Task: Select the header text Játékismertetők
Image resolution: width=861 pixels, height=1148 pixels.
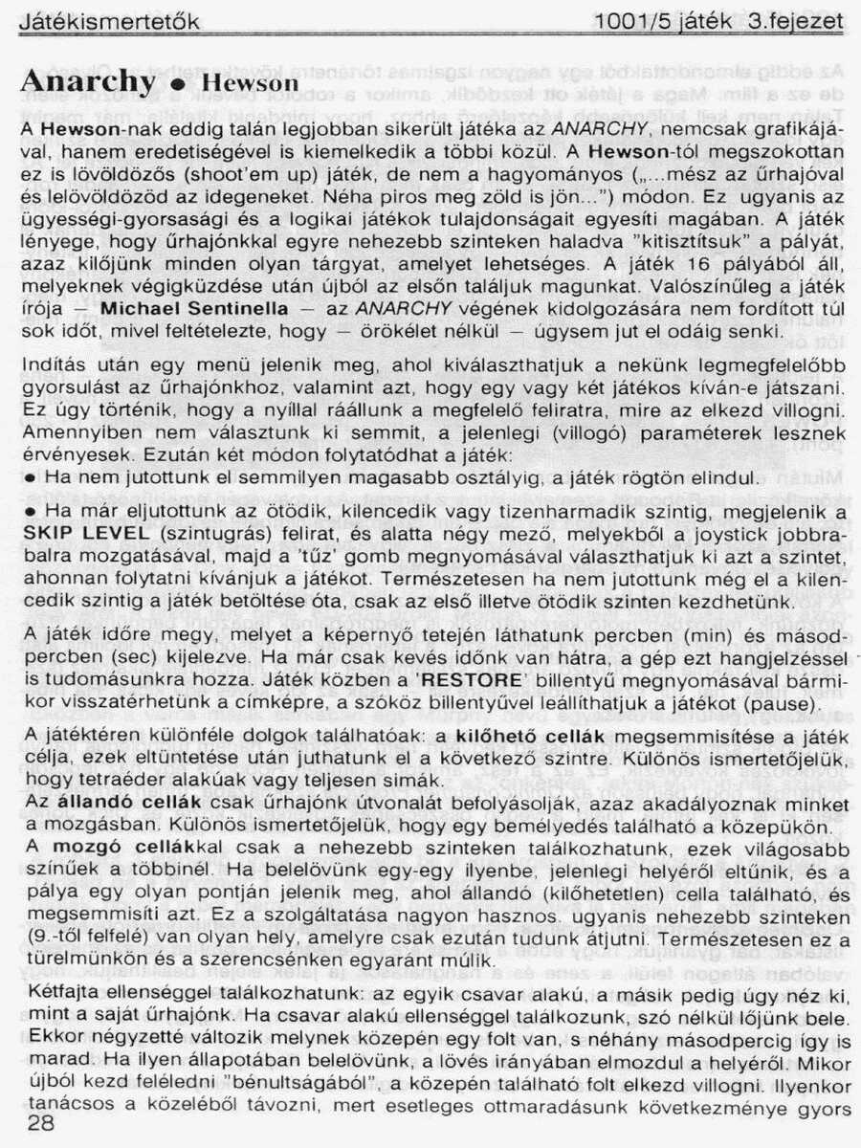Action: point(109,20)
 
